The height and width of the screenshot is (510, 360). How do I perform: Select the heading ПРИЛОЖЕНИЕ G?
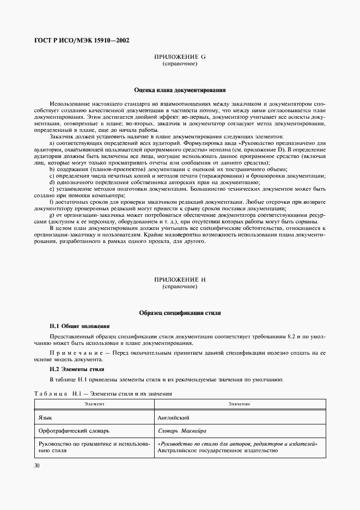point(180,57)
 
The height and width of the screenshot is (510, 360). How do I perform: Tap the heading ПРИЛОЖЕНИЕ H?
point(180,280)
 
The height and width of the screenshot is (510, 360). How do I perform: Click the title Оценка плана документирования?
point(180,89)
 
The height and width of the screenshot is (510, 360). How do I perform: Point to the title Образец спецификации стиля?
point(180,313)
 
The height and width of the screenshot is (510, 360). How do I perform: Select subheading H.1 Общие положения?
point(80,326)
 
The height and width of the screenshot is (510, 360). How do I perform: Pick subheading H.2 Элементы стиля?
point(76,369)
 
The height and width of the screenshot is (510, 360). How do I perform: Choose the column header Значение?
point(239,404)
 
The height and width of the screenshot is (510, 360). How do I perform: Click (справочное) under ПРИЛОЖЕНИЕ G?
point(180,64)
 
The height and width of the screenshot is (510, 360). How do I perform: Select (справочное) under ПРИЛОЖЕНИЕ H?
point(180,287)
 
